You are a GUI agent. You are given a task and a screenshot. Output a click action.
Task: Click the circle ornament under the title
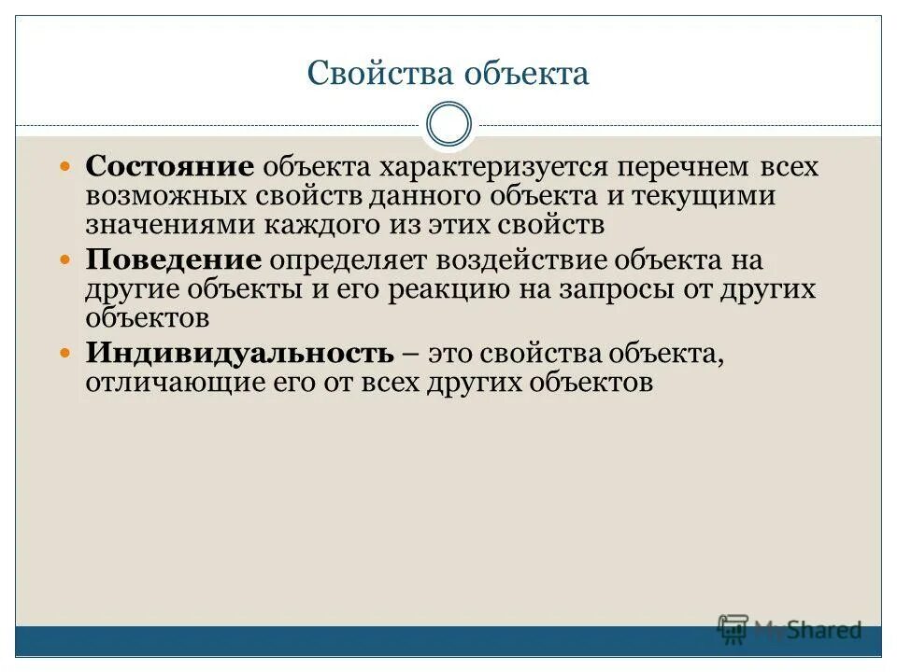448,125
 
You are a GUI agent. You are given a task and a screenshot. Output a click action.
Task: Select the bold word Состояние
170,167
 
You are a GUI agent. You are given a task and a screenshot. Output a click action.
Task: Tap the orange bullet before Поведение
65,259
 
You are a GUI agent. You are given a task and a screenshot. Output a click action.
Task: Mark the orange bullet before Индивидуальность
65,353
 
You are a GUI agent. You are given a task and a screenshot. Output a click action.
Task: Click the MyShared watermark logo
790,629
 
